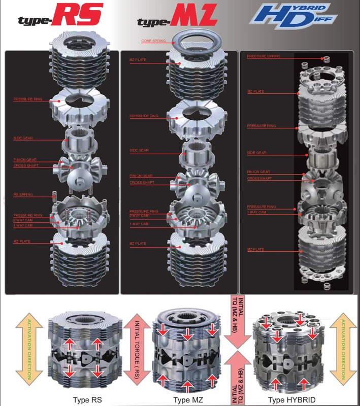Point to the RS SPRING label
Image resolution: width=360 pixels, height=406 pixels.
tap(23, 194)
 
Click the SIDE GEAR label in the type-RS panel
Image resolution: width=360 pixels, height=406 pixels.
tap(23, 138)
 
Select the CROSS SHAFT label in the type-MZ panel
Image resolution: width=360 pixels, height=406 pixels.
tap(142, 183)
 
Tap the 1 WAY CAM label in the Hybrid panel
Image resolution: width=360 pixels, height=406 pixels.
tap(256, 212)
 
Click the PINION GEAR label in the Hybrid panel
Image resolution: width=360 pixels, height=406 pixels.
tap(258, 172)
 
